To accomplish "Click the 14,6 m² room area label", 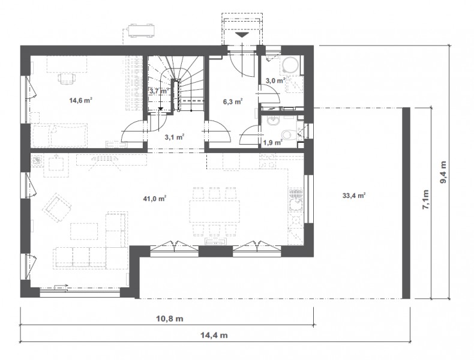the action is [x=81, y=100].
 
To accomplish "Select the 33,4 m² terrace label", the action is [x=354, y=195].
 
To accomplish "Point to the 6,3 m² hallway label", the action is [x=233, y=101].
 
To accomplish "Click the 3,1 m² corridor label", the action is [x=175, y=137].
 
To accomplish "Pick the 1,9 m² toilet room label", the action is [x=272, y=142].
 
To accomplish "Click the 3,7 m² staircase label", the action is [x=160, y=91].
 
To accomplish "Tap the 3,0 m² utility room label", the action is [x=275, y=81].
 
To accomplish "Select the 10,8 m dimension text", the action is [x=170, y=319].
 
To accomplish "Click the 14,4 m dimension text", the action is [x=214, y=335].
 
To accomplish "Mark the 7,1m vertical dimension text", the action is [x=425, y=199].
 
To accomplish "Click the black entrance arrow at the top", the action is [x=242, y=34].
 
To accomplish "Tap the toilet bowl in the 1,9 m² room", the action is [x=286, y=134].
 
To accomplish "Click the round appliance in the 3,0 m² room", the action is [x=291, y=65].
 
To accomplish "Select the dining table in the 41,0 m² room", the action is [x=215, y=211].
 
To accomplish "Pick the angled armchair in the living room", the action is [x=57, y=207].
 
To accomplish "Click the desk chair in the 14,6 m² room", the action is [x=67, y=79].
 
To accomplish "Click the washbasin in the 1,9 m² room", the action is [x=274, y=121].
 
